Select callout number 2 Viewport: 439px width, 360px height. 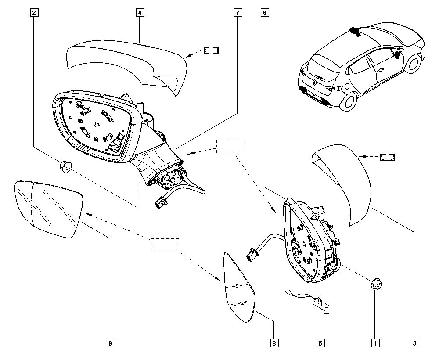pyautogui.click(x=34, y=13)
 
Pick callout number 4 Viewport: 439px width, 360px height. pyautogui.click(x=139, y=13)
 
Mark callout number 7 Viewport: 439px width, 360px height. pyautogui.click(x=237, y=13)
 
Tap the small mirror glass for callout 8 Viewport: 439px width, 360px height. pyautogui.click(x=239, y=290)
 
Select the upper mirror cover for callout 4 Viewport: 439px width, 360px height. pyautogui.click(x=127, y=61)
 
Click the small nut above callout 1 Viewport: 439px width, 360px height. pyautogui.click(x=375, y=284)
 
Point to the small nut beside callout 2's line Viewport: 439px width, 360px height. pyautogui.click(x=65, y=167)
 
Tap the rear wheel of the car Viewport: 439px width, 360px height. pyautogui.click(x=350, y=100)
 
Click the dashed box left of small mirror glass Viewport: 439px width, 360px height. pyautogui.click(x=165, y=245)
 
